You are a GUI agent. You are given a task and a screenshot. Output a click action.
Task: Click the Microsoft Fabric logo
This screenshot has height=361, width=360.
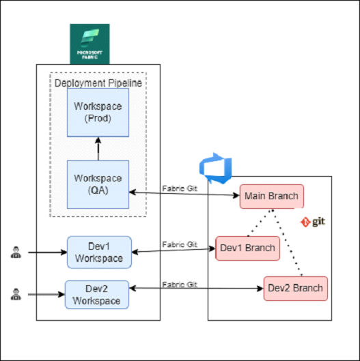90,44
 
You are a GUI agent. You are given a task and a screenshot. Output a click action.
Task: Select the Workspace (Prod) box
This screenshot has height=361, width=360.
98,113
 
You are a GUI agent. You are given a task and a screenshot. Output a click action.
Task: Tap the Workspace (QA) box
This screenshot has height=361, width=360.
98,184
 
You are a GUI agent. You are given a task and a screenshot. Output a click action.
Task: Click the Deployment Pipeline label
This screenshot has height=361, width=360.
98,83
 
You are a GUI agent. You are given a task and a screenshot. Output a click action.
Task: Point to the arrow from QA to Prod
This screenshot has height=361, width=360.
98,149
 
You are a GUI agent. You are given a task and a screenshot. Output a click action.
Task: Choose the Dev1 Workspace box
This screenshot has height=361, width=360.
99,252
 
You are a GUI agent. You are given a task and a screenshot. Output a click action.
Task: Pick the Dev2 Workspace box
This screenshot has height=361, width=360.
97,295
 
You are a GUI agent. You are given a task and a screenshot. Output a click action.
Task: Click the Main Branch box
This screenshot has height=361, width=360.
272,197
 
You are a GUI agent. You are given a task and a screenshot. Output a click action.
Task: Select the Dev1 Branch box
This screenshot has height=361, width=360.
248,248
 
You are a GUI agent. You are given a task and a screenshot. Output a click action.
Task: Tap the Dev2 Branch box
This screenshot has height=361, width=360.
296,289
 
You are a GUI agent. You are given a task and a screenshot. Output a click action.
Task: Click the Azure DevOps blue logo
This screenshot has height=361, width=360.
215,169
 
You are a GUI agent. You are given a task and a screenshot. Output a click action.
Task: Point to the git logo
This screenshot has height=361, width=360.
313,222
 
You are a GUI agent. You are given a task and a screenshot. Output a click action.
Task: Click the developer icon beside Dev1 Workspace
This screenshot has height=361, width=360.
16,252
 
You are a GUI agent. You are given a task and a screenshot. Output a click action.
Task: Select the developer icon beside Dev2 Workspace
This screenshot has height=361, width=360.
16,294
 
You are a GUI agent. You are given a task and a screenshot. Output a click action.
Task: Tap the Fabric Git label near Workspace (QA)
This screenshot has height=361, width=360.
180,188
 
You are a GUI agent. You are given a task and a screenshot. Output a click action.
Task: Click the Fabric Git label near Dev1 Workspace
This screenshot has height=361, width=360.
180,244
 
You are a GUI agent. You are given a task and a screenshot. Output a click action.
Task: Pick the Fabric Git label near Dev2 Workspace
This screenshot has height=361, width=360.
180,285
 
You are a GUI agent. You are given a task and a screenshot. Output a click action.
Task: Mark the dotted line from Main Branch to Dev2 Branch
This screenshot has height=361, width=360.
287,243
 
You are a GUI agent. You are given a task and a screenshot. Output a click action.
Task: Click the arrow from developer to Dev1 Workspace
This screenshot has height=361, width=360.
48,252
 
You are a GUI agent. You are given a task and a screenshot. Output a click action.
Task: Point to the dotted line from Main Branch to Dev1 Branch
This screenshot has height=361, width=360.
260,222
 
